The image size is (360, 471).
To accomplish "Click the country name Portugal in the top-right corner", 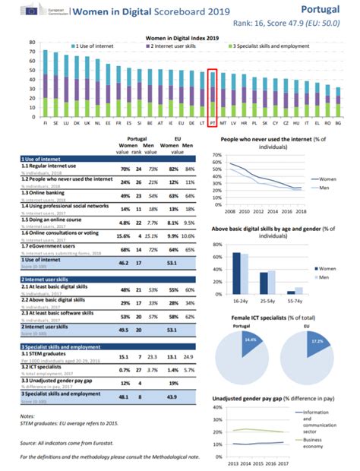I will (x=327, y=8).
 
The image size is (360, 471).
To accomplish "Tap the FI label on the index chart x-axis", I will (x=46, y=122).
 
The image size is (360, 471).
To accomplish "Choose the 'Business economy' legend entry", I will (x=332, y=443).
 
